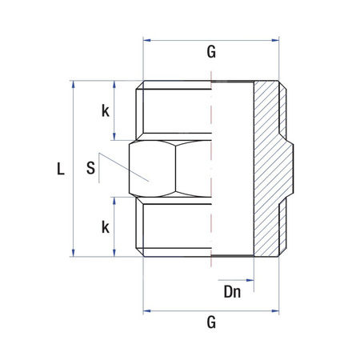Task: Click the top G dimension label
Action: (x=211, y=54)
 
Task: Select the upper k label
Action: (x=105, y=111)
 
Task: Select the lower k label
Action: (x=105, y=227)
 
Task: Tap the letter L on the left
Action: (x=59, y=169)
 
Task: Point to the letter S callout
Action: (x=90, y=169)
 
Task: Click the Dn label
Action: (x=232, y=294)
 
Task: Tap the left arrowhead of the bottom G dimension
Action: (x=146, y=308)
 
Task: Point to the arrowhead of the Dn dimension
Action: (x=251, y=281)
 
